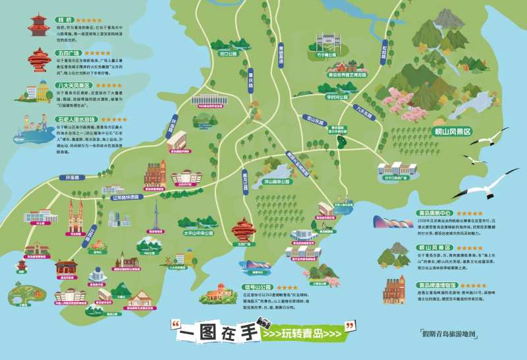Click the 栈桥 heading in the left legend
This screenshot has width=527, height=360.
pos(65,20)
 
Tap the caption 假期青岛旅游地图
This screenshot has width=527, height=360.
pos(455,334)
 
